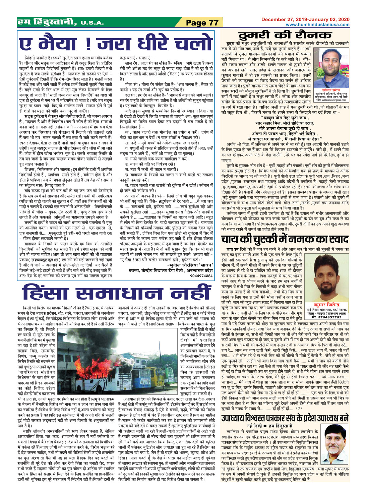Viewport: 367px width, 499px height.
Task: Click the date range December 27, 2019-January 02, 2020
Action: pos(305,19)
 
